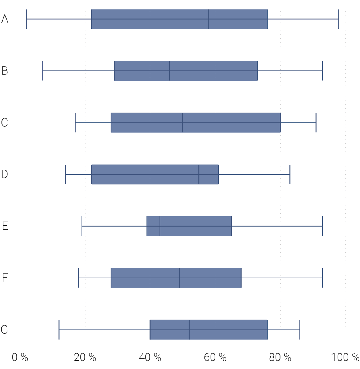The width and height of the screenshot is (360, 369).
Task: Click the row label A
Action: pyautogui.click(x=5, y=19)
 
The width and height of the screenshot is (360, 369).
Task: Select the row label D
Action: pyautogui.click(x=5, y=174)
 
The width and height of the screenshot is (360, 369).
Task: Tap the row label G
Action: pyautogui.click(x=4, y=330)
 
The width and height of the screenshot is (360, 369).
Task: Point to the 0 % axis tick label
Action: pyautogui.click(x=20, y=357)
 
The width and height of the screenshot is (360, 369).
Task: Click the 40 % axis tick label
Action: pyautogui.click(x=150, y=357)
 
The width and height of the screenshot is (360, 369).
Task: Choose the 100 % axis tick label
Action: pyautogui.click(x=345, y=357)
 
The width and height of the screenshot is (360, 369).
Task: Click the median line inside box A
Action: pyautogui.click(x=209, y=19)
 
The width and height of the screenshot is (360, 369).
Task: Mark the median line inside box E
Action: pyautogui.click(x=160, y=226)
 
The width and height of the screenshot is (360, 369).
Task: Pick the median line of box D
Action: pyautogui.click(x=199, y=174)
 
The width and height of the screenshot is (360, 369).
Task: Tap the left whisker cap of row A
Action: pyautogui.click(x=26, y=19)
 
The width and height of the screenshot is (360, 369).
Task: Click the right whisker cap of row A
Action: pyautogui.click(x=339, y=19)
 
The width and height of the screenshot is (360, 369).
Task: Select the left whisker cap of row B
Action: pyautogui.click(x=43, y=71)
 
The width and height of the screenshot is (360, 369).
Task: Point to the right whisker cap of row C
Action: pyautogui.click(x=316, y=123)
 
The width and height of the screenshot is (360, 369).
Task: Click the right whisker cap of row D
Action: pyautogui.click(x=290, y=174)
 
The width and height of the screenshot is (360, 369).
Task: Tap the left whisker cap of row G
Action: pyautogui.click(x=59, y=330)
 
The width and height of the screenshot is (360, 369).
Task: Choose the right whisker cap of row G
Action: pyautogui.click(x=300, y=330)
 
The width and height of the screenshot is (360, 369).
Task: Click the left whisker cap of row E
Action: pyautogui.click(x=82, y=226)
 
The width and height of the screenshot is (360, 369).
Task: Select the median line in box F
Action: pyautogui.click(x=179, y=278)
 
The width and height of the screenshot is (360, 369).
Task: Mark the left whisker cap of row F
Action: pyautogui.click(x=78, y=278)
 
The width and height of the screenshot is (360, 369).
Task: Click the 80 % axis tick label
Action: pyautogui.click(x=280, y=357)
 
